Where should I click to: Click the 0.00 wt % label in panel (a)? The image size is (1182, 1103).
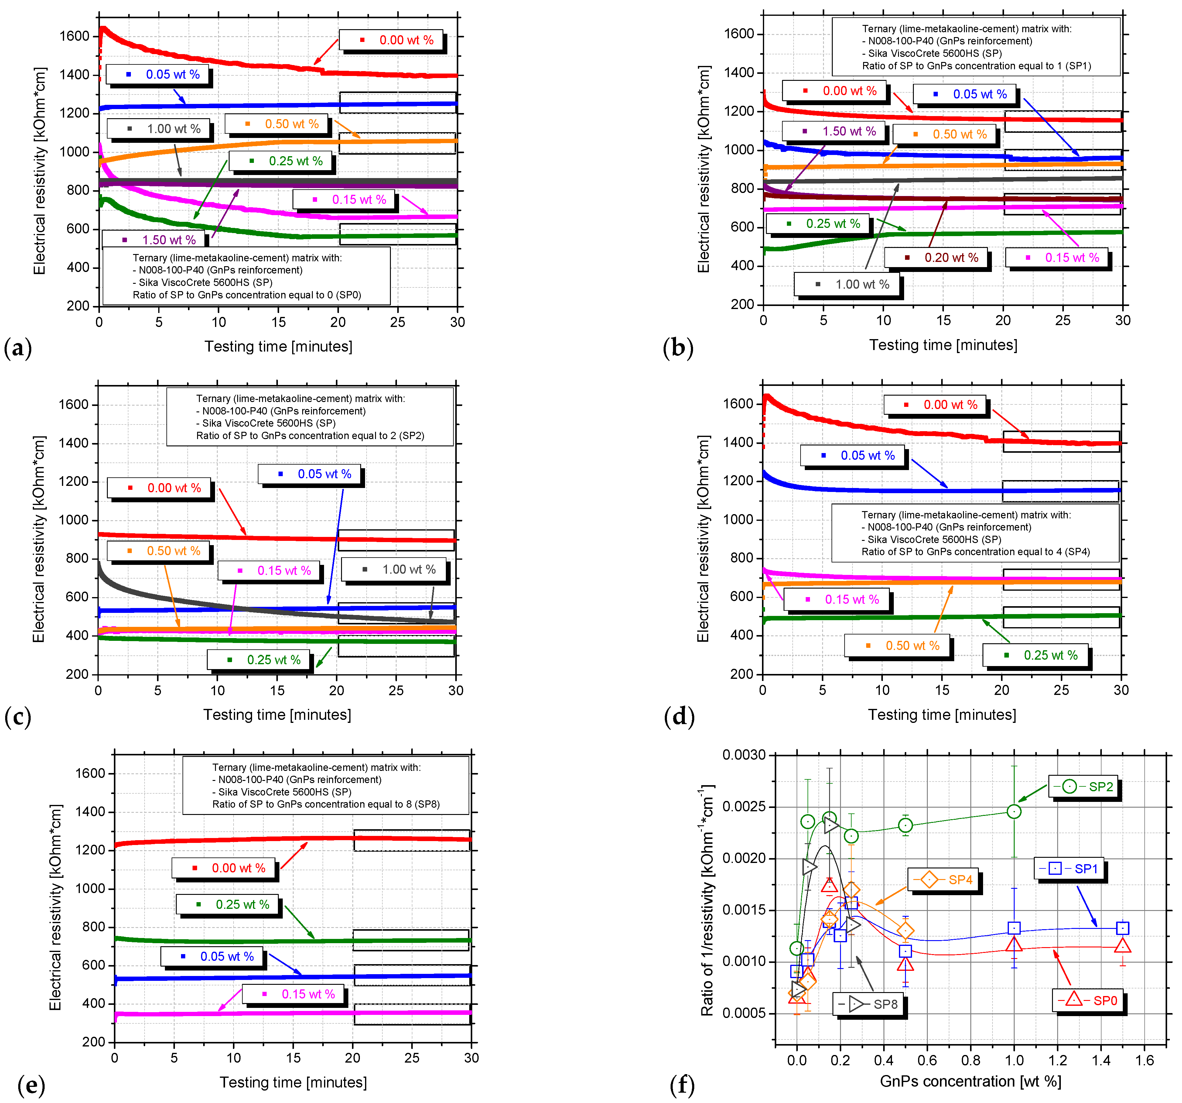[x=391, y=40]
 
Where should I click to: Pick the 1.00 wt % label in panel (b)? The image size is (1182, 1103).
[x=847, y=284]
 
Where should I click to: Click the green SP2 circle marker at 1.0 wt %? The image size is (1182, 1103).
[x=1014, y=812]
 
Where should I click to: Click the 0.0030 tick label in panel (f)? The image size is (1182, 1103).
[x=744, y=755]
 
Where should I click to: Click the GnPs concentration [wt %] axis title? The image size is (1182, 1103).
[x=970, y=1081]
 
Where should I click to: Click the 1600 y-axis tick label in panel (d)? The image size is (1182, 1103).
[x=738, y=404]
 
